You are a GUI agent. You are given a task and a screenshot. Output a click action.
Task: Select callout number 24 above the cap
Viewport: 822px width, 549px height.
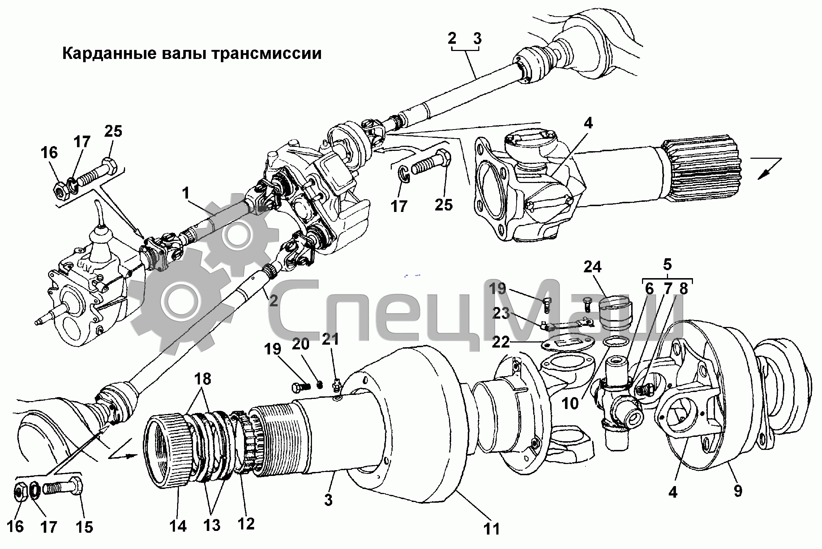592,267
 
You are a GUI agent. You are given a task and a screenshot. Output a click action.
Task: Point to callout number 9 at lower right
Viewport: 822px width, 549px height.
738,491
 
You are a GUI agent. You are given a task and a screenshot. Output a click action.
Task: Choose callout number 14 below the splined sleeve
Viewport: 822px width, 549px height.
178,526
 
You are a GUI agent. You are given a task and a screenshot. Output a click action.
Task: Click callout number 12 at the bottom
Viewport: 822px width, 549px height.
246,524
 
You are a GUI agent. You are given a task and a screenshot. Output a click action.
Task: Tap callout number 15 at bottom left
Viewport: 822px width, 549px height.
84,527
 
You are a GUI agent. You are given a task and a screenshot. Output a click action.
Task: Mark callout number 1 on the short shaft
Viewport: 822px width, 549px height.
186,193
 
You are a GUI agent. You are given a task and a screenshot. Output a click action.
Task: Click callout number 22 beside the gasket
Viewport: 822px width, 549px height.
501,342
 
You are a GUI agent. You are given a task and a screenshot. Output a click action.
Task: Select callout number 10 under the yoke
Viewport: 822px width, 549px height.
570,403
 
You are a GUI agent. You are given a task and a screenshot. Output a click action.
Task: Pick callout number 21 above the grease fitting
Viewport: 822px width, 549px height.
330,339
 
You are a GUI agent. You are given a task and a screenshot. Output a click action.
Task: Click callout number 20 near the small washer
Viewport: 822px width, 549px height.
300,344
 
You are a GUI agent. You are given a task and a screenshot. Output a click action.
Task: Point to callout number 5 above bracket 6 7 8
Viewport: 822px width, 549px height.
667,265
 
